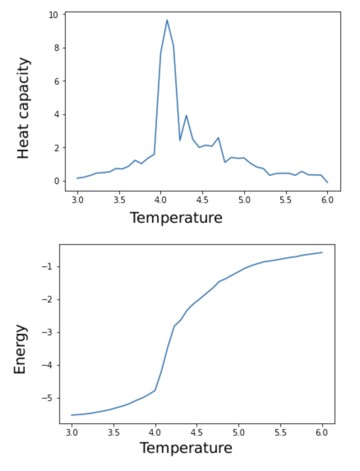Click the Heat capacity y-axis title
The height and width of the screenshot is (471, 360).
(24, 108)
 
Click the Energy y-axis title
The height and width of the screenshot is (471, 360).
(20, 349)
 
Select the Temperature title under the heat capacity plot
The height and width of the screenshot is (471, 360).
(176, 217)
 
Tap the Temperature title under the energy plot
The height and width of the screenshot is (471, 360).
(186, 448)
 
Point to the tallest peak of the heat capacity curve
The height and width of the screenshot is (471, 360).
(167, 20)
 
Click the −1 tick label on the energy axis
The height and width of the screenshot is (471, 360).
(48, 267)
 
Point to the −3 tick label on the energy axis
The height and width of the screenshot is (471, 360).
(48, 332)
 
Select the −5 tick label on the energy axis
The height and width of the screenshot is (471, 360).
(48, 398)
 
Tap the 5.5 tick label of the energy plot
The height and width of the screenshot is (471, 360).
(280, 432)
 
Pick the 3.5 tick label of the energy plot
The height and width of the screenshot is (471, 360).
(113, 432)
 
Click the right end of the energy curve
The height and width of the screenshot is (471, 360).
(322, 252)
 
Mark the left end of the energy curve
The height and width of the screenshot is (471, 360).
(72, 415)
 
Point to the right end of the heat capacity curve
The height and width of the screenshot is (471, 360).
(328, 182)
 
